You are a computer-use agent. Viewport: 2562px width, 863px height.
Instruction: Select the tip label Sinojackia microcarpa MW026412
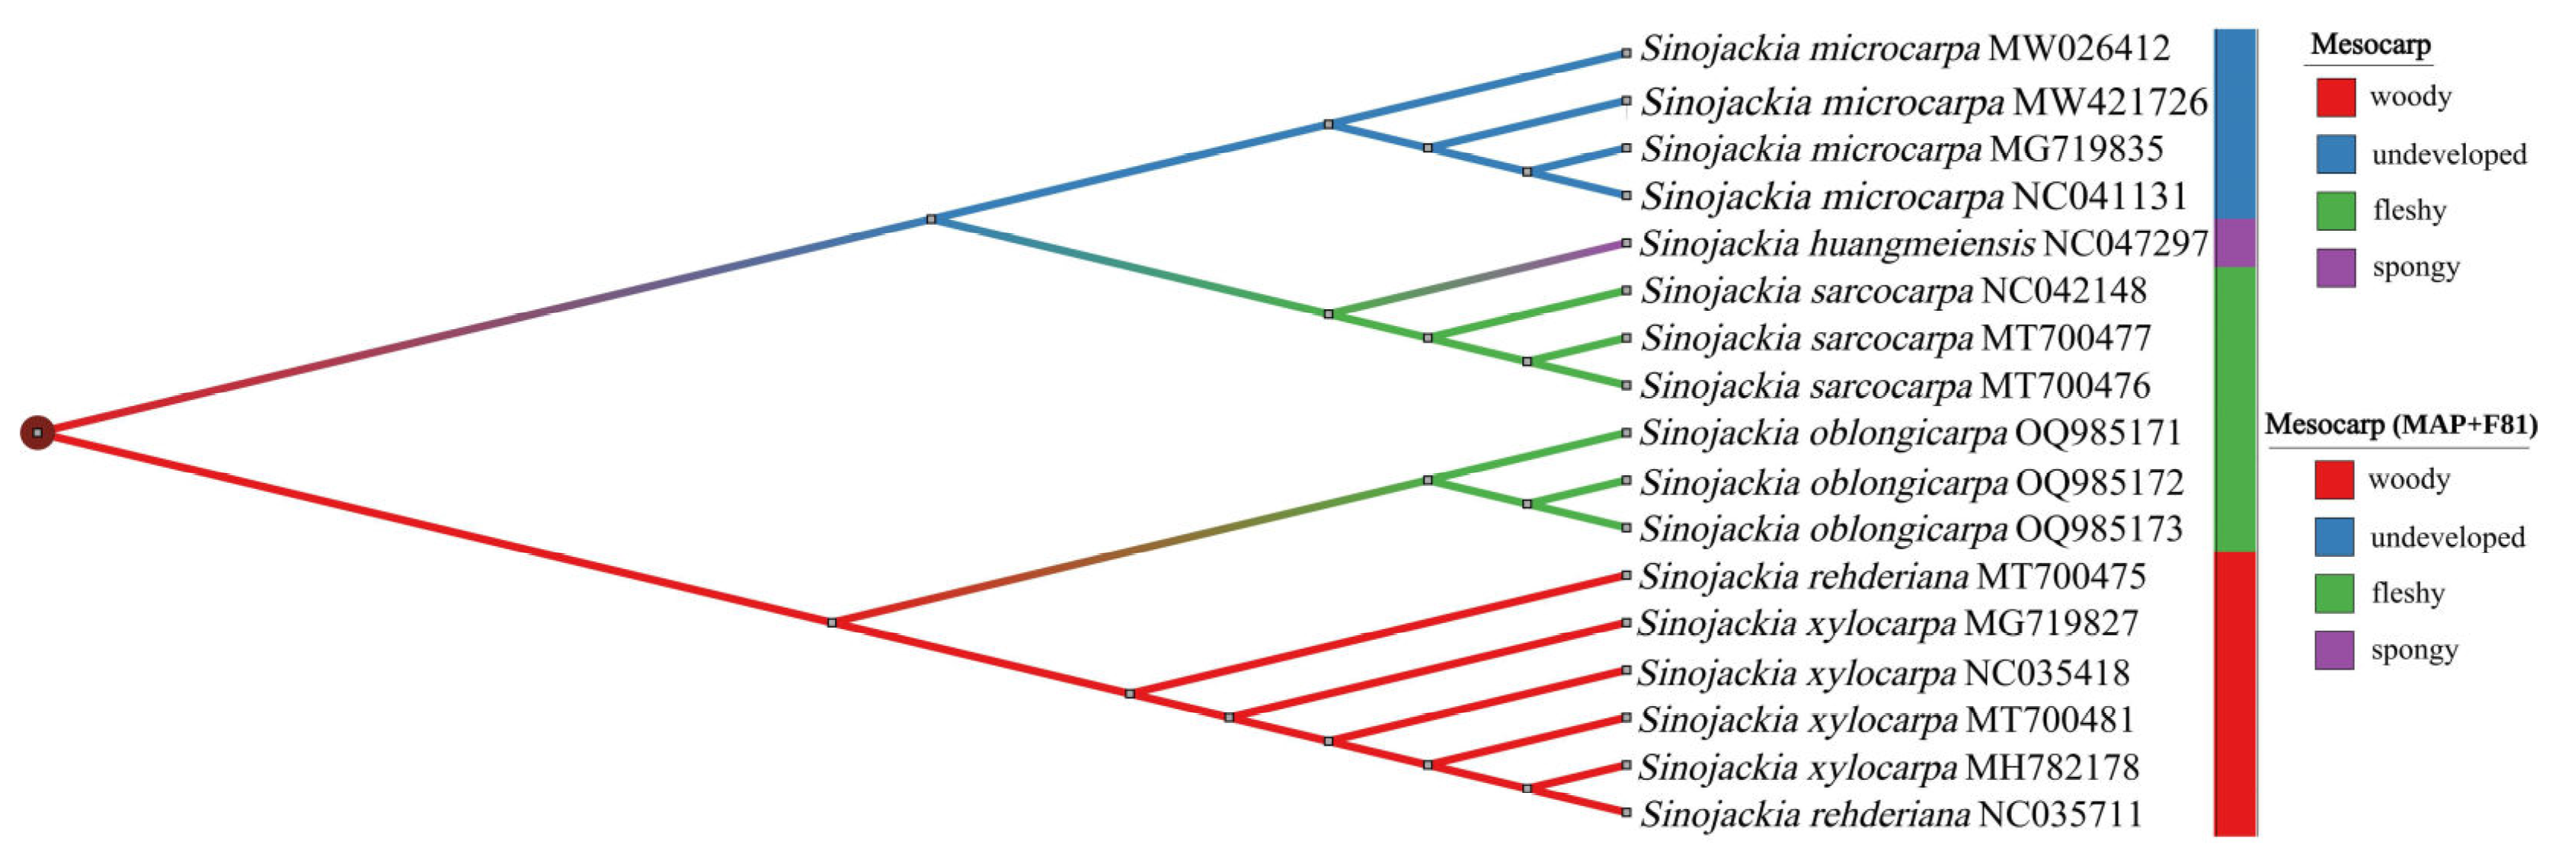point(1905,49)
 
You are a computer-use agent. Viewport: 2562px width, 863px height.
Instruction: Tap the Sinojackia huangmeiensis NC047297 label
point(1924,244)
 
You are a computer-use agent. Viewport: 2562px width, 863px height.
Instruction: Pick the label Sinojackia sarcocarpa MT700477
point(1895,338)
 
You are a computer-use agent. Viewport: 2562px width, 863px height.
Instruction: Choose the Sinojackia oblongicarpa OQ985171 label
point(1911,433)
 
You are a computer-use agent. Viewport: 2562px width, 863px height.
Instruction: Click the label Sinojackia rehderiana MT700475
point(1892,577)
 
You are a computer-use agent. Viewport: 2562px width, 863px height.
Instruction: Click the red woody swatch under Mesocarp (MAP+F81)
point(2333,479)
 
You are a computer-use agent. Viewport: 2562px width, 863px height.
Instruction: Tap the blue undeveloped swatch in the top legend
point(2335,154)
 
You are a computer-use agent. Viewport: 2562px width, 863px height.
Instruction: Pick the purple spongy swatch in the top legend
point(2335,267)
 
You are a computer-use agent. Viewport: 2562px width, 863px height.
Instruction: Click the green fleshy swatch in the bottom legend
point(2333,593)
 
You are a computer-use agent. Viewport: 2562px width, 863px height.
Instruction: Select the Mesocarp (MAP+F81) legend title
point(2400,426)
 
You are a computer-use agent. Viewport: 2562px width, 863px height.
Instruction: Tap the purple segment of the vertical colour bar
point(2234,242)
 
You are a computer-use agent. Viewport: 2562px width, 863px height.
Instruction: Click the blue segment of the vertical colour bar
point(2234,124)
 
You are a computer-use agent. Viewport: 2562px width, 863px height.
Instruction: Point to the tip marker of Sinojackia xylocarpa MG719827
point(1626,623)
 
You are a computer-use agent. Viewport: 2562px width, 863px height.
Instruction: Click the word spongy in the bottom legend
point(2413,650)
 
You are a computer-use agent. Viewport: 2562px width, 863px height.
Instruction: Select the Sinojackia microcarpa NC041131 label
point(1914,197)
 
